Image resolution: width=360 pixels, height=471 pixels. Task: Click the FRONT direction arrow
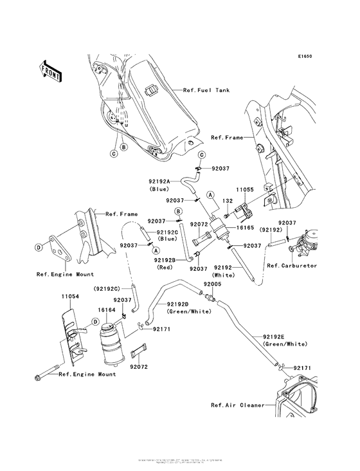(x=50, y=70)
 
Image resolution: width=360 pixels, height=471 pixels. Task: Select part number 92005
(x=212, y=283)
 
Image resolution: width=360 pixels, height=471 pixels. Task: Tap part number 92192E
(x=276, y=337)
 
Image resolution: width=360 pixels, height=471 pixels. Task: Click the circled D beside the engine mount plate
(x=55, y=246)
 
